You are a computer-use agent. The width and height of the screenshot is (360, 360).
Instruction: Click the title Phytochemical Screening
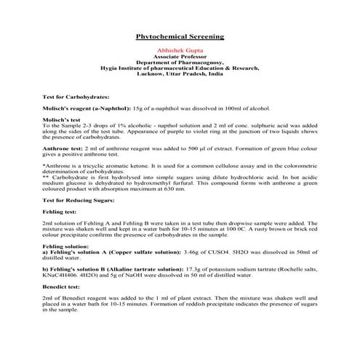point(180,36)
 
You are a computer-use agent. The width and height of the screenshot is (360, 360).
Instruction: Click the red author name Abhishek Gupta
point(180,50)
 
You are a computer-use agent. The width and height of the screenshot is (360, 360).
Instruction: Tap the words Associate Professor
point(180,56)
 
